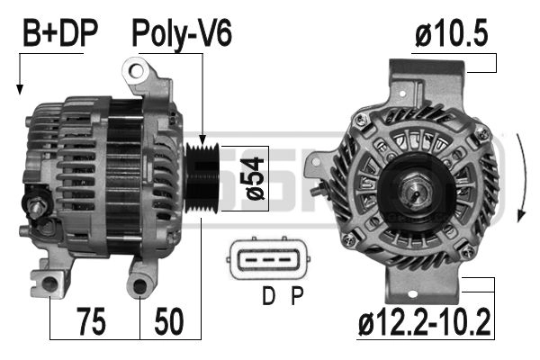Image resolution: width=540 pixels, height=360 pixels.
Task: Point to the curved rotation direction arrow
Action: click(523, 180)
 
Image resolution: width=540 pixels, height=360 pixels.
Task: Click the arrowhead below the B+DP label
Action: click(19, 89)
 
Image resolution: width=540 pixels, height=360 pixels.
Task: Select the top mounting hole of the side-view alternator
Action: click(136, 68)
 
